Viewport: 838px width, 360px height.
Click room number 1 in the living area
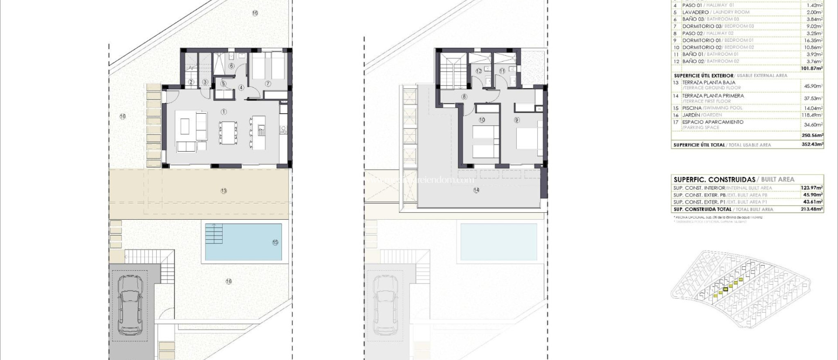[x=224, y=112]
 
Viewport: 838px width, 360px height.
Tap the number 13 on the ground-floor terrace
[x=224, y=191]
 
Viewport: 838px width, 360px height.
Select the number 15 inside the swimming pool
[x=275, y=242]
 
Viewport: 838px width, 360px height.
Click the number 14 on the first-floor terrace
[x=476, y=190]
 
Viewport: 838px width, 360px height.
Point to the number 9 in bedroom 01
[x=517, y=120]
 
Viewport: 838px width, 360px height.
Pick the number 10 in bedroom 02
[x=482, y=120]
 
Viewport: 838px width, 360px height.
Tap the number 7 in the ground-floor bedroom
[x=268, y=84]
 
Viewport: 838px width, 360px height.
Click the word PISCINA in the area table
[x=692, y=108]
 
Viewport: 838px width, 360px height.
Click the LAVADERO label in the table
[x=696, y=12]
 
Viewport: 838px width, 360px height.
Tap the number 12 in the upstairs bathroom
[x=479, y=71]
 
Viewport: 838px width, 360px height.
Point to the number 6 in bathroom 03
[x=231, y=66]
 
